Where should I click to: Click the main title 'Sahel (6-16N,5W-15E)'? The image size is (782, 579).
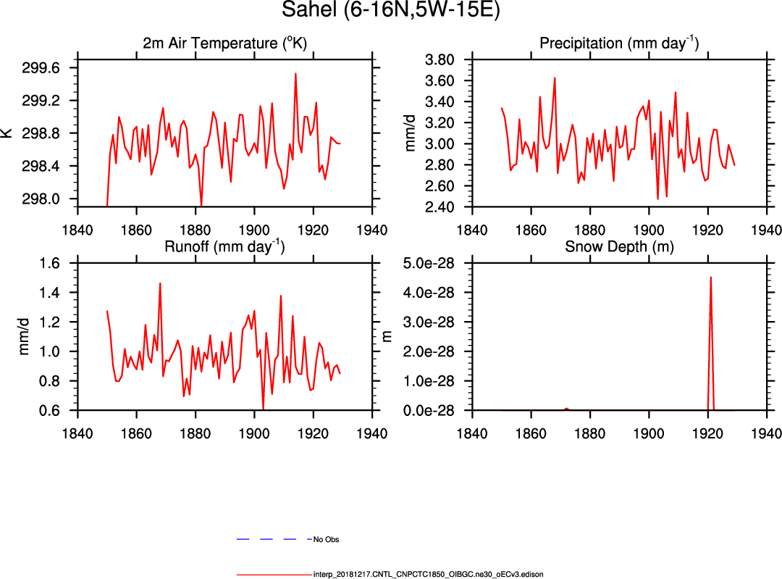(x=391, y=12)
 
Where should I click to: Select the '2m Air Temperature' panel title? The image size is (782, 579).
(x=224, y=43)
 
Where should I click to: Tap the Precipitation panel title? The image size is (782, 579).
(x=619, y=43)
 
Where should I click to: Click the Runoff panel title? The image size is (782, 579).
(x=224, y=246)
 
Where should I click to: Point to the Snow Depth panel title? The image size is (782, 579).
(x=619, y=246)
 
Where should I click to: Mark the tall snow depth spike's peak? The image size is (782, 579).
(x=711, y=277)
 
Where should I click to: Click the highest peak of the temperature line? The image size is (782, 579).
(x=295, y=73)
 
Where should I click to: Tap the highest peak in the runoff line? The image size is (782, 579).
(x=160, y=283)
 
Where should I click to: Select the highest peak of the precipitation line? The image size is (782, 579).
(x=555, y=78)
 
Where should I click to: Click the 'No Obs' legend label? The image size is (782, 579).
(x=326, y=540)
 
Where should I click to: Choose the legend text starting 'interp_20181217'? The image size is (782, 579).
(x=428, y=574)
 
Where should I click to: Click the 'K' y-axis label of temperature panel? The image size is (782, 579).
(x=7, y=133)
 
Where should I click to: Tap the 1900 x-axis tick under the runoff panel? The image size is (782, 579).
(x=254, y=434)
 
